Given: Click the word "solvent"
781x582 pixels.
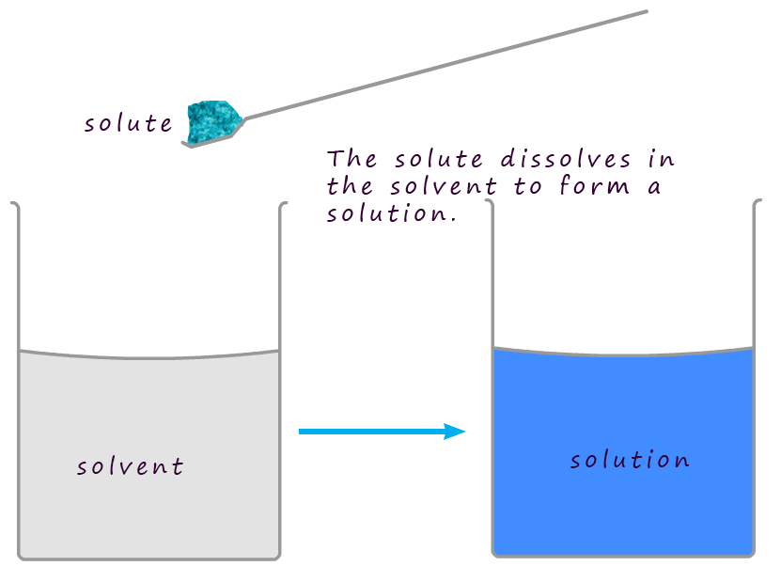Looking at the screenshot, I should click(x=130, y=466).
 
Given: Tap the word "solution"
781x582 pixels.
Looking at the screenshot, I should click(x=630, y=460).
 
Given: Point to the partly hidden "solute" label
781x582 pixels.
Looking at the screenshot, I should click(x=128, y=122).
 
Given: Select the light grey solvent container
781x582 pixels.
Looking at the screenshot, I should click(x=148, y=508).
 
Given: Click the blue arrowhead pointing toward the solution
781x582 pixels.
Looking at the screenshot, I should click(x=455, y=432).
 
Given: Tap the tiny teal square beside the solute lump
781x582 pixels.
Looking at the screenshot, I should click(x=246, y=132).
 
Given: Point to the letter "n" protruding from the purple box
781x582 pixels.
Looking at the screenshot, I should click(x=666, y=160).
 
